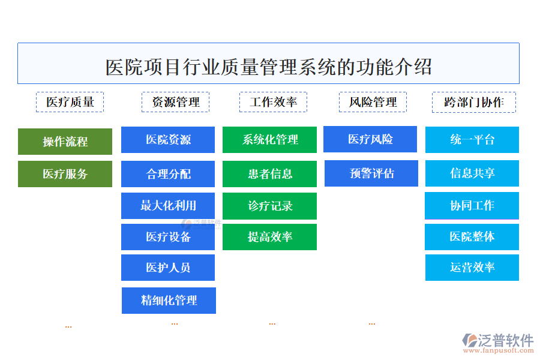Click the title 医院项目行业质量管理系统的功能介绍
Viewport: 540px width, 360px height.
click(268, 65)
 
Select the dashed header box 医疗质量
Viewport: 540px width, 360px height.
click(70, 102)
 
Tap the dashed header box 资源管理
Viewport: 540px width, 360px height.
click(175, 102)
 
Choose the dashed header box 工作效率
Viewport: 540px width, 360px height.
click(273, 102)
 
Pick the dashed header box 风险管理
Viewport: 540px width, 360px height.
click(373, 102)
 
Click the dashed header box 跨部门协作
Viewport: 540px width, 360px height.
click(473, 102)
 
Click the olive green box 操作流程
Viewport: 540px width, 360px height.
click(65, 142)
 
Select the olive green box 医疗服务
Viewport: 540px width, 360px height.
click(65, 174)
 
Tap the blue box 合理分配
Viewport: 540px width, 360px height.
click(168, 174)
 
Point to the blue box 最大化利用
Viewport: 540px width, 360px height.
click(168, 205)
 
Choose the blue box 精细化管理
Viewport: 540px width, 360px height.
click(169, 300)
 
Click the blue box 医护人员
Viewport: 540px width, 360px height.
click(168, 268)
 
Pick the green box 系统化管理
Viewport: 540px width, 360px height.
click(269, 140)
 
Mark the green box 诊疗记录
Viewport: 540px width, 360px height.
click(269, 206)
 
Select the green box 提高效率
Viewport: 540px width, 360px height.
click(269, 237)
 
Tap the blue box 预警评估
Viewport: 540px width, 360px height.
click(371, 173)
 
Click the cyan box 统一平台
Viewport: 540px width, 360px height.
click(472, 140)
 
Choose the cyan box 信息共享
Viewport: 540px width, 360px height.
click(472, 173)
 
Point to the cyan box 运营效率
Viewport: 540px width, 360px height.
click(472, 268)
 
